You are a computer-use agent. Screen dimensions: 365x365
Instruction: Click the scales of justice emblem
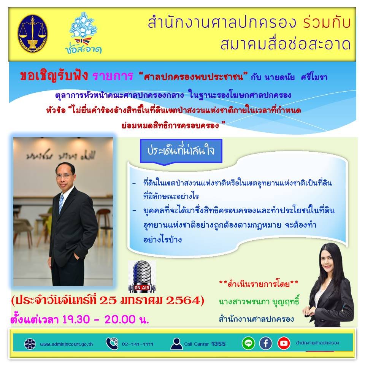[x=33, y=33]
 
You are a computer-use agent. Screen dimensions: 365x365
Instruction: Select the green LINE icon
[x=248, y=343]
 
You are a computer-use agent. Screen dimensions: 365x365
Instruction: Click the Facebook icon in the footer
[x=266, y=343]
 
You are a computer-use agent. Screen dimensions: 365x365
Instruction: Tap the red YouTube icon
[x=283, y=343]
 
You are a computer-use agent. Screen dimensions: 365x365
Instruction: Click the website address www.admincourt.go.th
[x=67, y=344]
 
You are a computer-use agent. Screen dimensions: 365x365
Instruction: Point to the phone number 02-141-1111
[x=138, y=344]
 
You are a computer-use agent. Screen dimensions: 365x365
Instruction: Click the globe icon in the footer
[x=30, y=344]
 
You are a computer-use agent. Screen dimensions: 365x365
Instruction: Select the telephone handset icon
[x=112, y=343]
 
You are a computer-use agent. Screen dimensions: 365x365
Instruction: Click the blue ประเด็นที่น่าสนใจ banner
[x=181, y=151]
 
